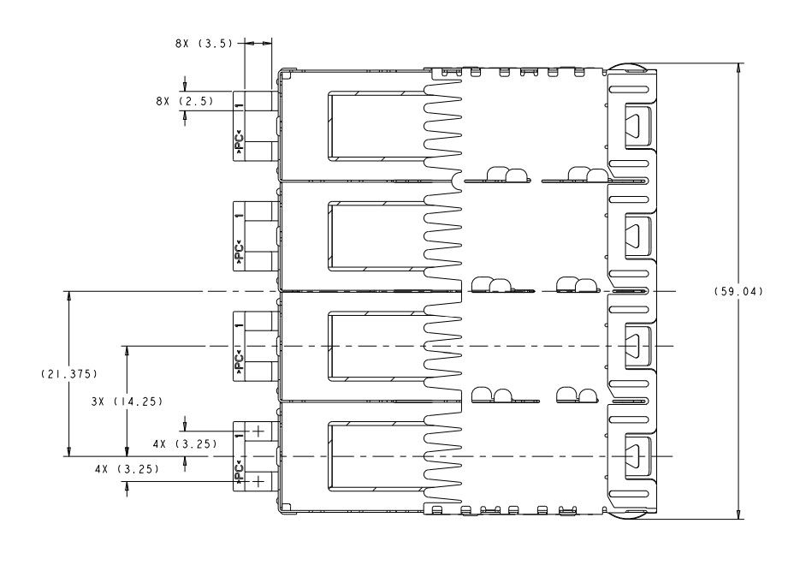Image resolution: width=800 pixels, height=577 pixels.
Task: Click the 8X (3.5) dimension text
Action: point(204,44)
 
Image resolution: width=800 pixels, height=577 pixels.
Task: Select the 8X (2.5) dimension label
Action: point(185,101)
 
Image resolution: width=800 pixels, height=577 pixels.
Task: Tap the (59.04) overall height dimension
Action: point(738,292)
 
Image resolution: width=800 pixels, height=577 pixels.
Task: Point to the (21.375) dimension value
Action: point(69,374)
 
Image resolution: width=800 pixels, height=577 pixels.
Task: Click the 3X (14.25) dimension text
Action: point(127,402)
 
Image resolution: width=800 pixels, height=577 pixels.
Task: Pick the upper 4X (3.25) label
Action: point(185,443)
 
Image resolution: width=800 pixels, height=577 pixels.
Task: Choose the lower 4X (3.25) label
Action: point(127,469)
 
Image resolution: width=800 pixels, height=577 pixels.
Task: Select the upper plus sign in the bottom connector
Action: point(258,431)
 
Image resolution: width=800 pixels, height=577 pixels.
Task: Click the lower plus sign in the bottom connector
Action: point(258,480)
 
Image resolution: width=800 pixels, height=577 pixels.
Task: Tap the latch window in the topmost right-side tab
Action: point(637,126)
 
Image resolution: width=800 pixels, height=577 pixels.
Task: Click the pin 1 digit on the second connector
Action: point(239,217)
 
